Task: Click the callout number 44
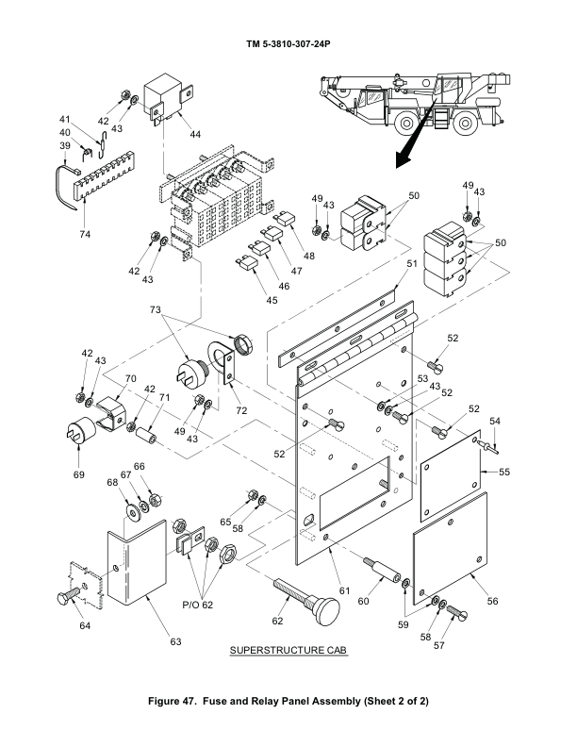click(x=195, y=134)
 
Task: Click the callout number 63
click(x=174, y=642)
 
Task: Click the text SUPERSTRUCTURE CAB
click(x=289, y=652)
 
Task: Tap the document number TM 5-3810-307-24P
click(x=288, y=44)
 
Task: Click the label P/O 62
click(x=195, y=605)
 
